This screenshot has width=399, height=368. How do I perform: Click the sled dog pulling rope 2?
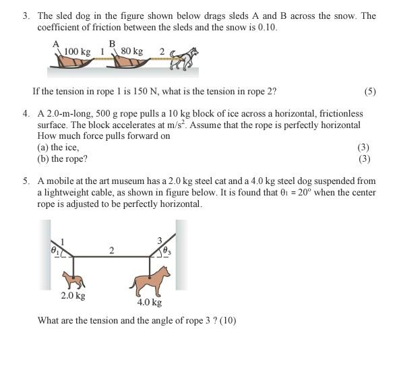186,59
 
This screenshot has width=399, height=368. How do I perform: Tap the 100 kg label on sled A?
77,51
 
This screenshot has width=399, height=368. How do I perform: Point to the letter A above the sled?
56,44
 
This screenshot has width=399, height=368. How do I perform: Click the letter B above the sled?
113,44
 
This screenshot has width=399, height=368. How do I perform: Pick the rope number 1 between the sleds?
102,51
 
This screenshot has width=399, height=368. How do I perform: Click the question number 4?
26,115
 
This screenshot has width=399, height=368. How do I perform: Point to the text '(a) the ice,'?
58,147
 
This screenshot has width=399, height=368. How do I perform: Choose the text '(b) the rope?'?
62,159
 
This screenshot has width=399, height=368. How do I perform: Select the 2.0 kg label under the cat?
72,295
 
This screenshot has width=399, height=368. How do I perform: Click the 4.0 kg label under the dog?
149,303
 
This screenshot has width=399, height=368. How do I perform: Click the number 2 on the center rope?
111,251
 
